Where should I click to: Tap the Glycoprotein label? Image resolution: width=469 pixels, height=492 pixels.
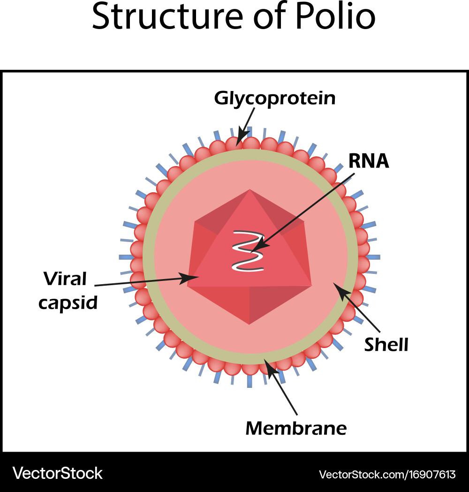pyautogui.click(x=275, y=98)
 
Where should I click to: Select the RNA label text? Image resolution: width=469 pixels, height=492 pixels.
pyautogui.click(x=369, y=161)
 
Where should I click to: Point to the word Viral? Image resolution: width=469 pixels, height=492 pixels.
pyautogui.click(x=65, y=279)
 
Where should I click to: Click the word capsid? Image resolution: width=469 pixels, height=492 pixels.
pyautogui.click(x=68, y=303)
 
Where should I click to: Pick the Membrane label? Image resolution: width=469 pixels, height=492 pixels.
pyautogui.click(x=296, y=427)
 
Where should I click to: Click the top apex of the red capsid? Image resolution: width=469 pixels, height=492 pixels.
pyautogui.click(x=250, y=190)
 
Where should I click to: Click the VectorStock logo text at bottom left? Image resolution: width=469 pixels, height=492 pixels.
pyautogui.click(x=57, y=473)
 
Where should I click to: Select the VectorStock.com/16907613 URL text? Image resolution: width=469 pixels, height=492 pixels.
pyautogui.click(x=387, y=474)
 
